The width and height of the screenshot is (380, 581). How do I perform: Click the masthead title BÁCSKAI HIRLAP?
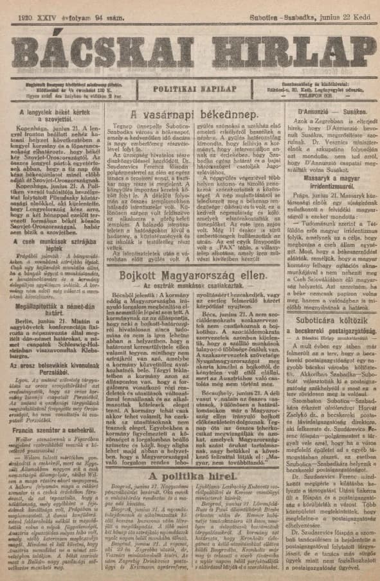190,46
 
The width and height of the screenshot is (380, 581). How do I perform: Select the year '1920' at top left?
27,11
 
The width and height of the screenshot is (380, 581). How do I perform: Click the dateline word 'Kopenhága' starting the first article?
34,129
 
